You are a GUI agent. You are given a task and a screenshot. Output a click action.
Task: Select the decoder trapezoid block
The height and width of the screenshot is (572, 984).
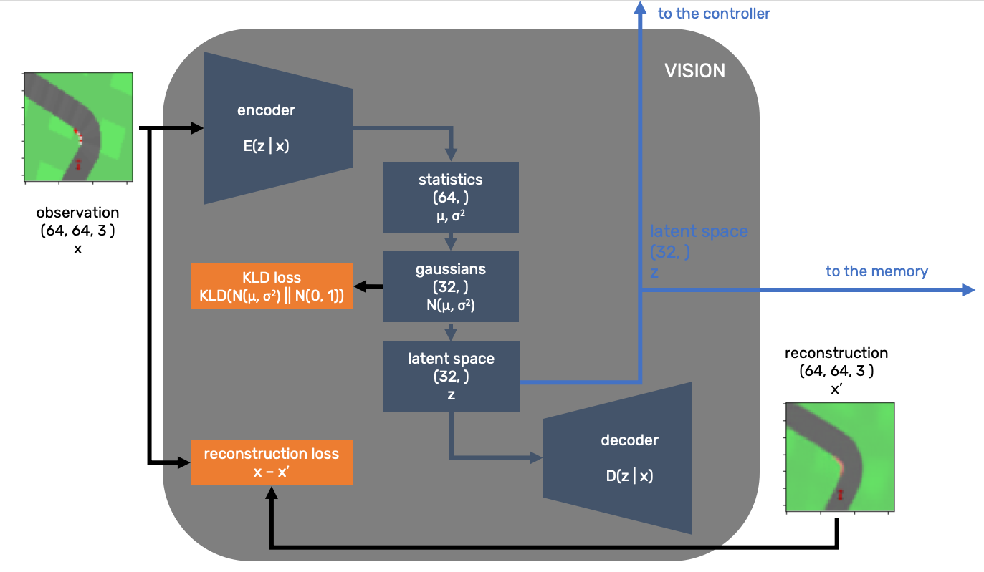[x=618, y=458]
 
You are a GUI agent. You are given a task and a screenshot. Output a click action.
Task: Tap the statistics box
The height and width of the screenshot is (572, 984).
[x=450, y=197]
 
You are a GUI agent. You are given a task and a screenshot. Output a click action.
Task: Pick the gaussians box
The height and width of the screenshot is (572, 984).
[x=450, y=286]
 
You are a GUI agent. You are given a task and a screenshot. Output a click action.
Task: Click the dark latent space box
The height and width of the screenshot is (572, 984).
[x=451, y=376]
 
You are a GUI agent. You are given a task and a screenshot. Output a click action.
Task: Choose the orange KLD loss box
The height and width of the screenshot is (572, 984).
[x=272, y=286]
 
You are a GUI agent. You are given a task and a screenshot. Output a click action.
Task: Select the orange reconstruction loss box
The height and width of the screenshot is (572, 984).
[x=272, y=462]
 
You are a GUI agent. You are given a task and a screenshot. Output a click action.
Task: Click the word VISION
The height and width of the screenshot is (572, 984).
[x=694, y=71]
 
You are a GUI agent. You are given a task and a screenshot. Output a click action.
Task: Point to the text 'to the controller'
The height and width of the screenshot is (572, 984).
[x=714, y=14]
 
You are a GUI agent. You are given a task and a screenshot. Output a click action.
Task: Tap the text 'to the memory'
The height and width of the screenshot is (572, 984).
[x=876, y=271]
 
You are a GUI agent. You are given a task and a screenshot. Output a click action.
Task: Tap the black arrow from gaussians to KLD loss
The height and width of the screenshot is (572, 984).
[x=368, y=286]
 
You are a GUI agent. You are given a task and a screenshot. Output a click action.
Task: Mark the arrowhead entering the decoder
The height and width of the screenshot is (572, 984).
[x=536, y=457]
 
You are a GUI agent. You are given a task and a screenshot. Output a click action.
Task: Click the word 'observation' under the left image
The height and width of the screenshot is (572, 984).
[x=77, y=213]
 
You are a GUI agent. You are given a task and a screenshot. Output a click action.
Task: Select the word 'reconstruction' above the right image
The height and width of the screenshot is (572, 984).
[x=836, y=353]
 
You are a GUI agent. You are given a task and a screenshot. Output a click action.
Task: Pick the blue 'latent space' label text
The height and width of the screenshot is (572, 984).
[x=699, y=232]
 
